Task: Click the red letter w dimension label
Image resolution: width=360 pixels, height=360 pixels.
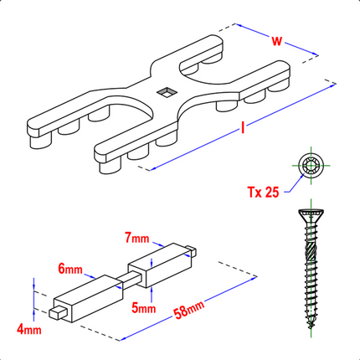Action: [277, 41]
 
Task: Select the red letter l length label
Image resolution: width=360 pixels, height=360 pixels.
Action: [243, 128]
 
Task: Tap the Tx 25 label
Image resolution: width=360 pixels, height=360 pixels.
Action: [264, 192]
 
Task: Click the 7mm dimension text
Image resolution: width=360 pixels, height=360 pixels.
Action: [136, 239]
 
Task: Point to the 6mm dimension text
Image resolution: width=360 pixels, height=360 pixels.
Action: [70, 269]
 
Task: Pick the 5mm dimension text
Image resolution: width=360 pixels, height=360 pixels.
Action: [144, 308]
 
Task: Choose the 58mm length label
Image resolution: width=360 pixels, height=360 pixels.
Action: [189, 310]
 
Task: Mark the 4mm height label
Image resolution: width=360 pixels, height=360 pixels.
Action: [29, 330]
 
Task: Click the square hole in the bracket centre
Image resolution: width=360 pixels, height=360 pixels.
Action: [167, 92]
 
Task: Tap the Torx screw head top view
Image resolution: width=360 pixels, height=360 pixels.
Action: [311, 166]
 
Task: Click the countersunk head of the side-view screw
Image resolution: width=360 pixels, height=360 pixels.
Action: [311, 216]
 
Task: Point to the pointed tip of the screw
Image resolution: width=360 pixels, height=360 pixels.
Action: [311, 326]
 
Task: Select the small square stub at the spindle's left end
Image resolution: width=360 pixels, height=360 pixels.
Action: [58, 312]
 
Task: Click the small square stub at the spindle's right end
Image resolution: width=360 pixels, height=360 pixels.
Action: [190, 250]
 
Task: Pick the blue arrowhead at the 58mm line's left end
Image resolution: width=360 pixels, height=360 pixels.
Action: [123, 339]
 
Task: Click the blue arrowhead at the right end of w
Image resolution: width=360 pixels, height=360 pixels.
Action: [315, 54]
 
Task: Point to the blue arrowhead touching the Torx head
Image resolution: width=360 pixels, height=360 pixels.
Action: [302, 176]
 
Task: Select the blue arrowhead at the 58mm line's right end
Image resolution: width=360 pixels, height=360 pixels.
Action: [254, 278]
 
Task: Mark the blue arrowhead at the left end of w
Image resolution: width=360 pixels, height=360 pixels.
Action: [239, 25]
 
